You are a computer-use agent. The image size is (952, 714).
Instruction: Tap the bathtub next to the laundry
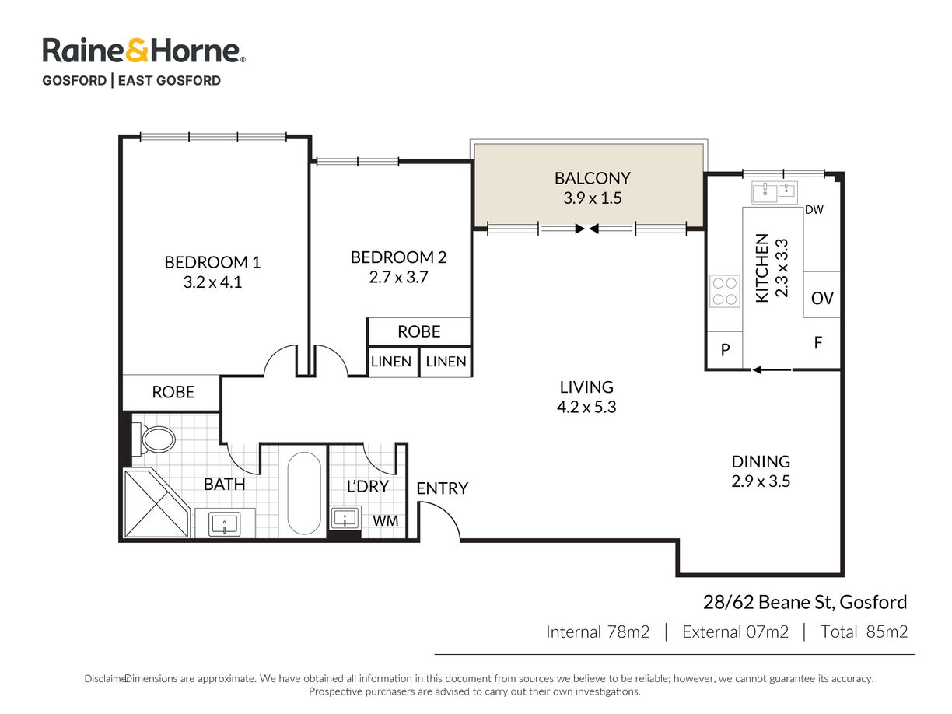point(304,493)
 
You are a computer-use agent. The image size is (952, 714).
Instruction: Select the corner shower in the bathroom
point(156,503)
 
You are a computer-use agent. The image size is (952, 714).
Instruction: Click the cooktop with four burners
point(724,290)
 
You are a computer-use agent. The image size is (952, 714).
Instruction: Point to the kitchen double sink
point(774,193)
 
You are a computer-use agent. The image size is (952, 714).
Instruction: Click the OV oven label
point(822,298)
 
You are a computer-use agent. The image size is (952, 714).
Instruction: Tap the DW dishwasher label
point(814,210)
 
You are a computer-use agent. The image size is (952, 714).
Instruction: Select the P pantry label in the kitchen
point(725,349)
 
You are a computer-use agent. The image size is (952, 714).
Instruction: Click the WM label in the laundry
point(385,520)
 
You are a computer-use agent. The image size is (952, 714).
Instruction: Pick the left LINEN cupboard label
point(390,362)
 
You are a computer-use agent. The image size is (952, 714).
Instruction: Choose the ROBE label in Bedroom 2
point(418,331)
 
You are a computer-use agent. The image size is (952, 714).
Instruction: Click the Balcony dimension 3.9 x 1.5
point(592,198)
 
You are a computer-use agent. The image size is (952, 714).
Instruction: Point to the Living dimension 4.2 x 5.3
point(586,407)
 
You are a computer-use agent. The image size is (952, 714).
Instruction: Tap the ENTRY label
point(442,488)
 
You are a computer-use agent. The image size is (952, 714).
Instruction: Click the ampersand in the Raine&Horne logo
point(138,51)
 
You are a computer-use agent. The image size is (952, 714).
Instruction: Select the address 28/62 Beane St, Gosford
point(805,602)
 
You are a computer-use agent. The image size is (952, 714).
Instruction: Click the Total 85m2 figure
point(864,632)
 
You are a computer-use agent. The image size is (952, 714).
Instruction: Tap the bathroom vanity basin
point(224,524)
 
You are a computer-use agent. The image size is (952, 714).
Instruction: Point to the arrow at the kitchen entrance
point(772,369)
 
